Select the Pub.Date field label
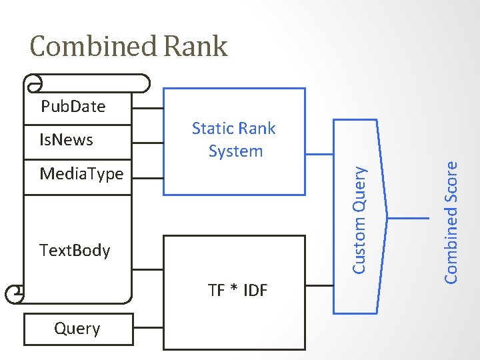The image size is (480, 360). (x=73, y=107)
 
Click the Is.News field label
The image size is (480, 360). (x=66, y=140)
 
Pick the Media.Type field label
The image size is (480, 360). (x=81, y=174)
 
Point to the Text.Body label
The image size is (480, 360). (x=75, y=251)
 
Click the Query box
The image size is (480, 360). (x=78, y=329)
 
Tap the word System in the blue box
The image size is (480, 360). (x=235, y=151)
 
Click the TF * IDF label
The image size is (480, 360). (x=237, y=290)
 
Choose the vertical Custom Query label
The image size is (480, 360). (x=359, y=219)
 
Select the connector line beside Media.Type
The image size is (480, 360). (x=148, y=177)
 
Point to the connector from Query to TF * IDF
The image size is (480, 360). (x=148, y=328)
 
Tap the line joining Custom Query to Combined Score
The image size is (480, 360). (x=407, y=218)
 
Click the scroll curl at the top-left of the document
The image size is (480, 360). (x=31, y=83)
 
